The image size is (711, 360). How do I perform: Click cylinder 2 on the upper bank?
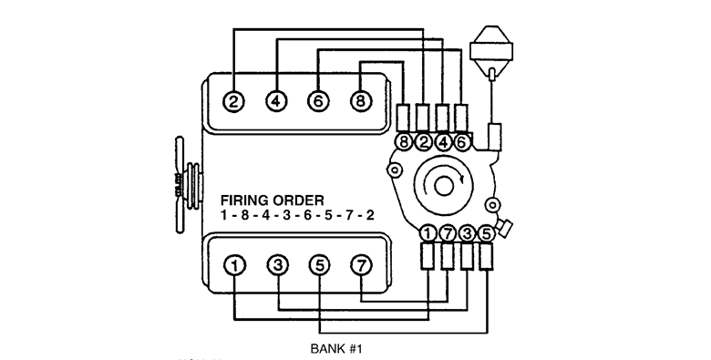click(234, 101)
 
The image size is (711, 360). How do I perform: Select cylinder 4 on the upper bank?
click(275, 101)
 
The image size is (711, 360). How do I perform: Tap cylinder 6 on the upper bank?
click(317, 101)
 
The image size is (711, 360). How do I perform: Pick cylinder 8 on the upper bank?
click(360, 101)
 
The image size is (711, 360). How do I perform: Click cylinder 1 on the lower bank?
click(234, 265)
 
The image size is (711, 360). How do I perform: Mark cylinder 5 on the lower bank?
click(318, 265)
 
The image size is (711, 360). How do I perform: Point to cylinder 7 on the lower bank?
click(361, 265)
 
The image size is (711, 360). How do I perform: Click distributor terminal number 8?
click(404, 142)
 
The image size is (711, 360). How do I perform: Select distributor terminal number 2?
click(423, 142)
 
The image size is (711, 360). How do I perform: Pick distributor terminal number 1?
click(428, 233)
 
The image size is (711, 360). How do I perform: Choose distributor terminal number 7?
click(448, 233)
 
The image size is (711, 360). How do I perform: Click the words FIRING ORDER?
click(271, 200)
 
